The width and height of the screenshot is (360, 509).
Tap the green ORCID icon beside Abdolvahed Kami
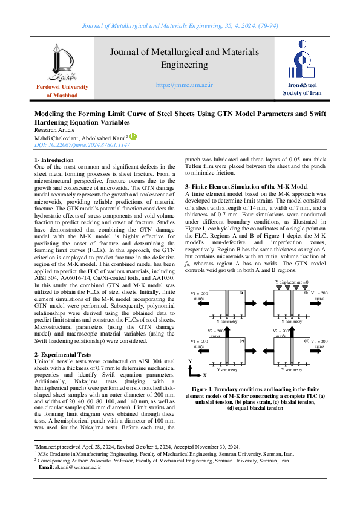[x=133, y=137]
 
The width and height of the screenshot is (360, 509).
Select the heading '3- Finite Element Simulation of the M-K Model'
[x=246, y=186]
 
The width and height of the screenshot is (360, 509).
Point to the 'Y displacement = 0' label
[x=292, y=282]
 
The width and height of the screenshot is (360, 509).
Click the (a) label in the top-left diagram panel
[x=241, y=293]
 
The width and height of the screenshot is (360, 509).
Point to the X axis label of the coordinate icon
[x=204, y=375]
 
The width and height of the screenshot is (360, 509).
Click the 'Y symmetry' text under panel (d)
[x=292, y=369]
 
